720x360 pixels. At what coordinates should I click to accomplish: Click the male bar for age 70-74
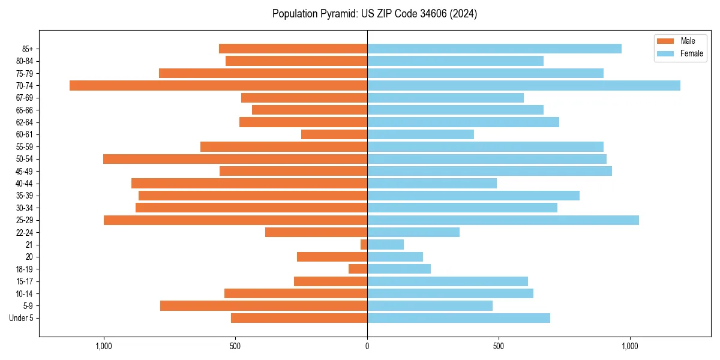coord(218,85)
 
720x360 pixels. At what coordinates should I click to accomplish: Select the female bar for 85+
coord(494,49)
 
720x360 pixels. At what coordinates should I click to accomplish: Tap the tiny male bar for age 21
coord(364,244)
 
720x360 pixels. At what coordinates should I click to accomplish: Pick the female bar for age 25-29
coord(503,220)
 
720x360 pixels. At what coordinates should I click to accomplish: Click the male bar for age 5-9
coord(263,305)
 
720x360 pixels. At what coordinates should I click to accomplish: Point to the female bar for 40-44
coord(432,184)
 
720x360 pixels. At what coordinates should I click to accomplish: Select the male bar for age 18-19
coord(358,269)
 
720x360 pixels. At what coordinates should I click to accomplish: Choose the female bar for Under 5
coord(458,318)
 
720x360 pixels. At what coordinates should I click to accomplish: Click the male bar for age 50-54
coord(235,159)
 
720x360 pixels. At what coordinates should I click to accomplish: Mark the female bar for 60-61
coord(421,134)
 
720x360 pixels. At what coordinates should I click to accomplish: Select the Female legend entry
coord(691,53)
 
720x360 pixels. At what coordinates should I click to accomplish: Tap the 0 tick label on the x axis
coord(367,346)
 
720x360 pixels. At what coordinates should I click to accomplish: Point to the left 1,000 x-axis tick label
coord(104,346)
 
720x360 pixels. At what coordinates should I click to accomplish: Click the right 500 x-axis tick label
coord(498,346)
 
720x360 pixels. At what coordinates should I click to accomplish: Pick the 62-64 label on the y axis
coord(24,122)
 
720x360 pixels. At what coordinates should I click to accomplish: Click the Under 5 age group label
coord(21,318)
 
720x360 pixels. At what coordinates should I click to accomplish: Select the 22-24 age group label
coord(24,232)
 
